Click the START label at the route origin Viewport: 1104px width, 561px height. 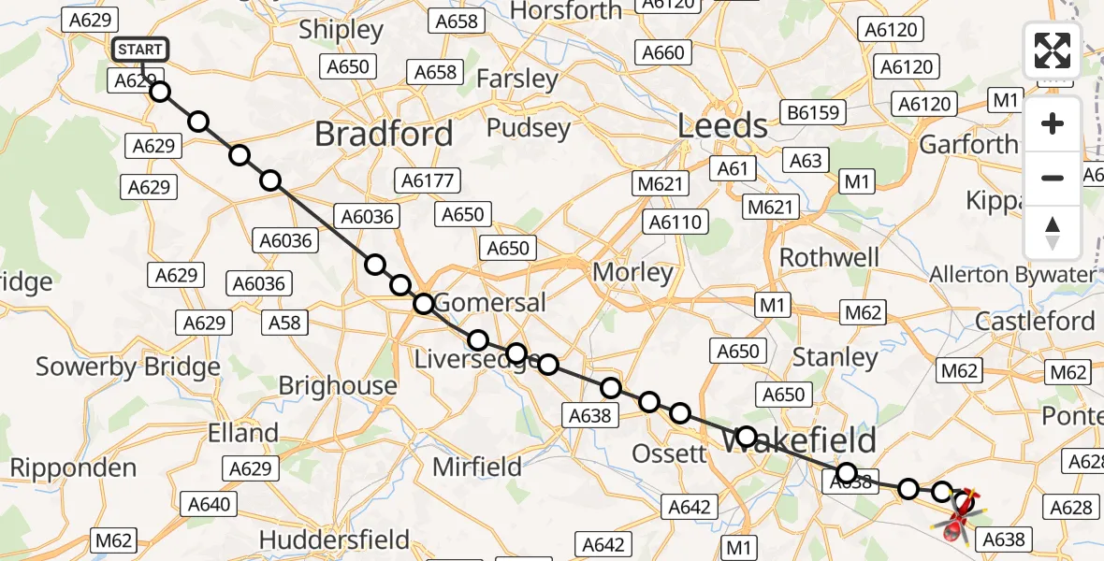click(140, 50)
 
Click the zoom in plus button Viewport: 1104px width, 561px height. click(1053, 124)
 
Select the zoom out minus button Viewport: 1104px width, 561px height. click(1053, 178)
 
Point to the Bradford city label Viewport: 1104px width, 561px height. click(384, 134)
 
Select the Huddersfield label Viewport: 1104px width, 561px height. click(334, 539)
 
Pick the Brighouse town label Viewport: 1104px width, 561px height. click(338, 385)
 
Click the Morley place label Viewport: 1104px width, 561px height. click(633, 272)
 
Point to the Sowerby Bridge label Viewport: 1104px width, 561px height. click(128, 367)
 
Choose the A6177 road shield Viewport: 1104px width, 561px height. click(426, 180)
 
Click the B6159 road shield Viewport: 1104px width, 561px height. click(815, 113)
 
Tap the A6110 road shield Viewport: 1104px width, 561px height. click(676, 222)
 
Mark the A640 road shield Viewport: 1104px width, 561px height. click(209, 505)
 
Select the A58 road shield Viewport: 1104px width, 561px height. click(285, 323)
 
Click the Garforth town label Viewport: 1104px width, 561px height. click(968, 144)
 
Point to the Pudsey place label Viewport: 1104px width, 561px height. click(529, 127)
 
